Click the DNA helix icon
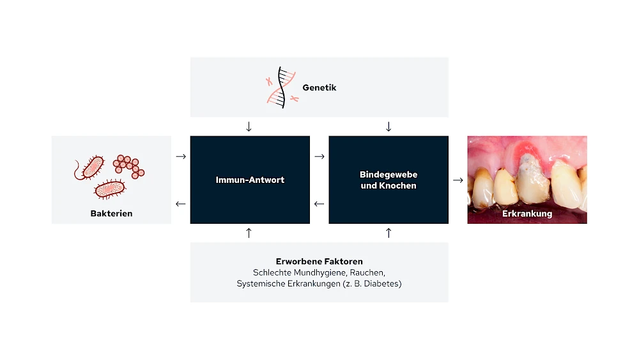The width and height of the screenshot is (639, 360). tap(281, 87)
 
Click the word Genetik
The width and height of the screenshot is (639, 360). tap(319, 88)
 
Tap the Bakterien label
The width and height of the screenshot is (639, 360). tap(111, 213)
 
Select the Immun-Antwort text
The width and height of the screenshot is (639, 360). tap(250, 180)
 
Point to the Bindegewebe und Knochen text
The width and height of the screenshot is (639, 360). tap(389, 180)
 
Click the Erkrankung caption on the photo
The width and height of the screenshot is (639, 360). tap(527, 214)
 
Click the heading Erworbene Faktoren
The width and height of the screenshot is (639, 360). tap(319, 262)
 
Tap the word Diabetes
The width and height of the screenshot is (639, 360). tap(382, 283)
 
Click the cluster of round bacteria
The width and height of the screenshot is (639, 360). tap(128, 166)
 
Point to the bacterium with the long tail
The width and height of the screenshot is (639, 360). tap(89, 168)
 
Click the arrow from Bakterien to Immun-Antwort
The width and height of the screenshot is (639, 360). tap(181, 157)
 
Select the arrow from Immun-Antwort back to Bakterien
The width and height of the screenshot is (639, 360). tap(181, 204)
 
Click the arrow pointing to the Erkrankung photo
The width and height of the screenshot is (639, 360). tap(458, 180)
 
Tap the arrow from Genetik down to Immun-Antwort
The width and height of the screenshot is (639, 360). tap(249, 127)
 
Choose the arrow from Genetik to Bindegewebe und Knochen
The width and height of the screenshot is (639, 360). tap(389, 127)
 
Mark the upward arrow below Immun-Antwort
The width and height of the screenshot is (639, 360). tap(249, 233)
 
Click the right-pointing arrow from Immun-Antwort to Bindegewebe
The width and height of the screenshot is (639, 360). tap(319, 157)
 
